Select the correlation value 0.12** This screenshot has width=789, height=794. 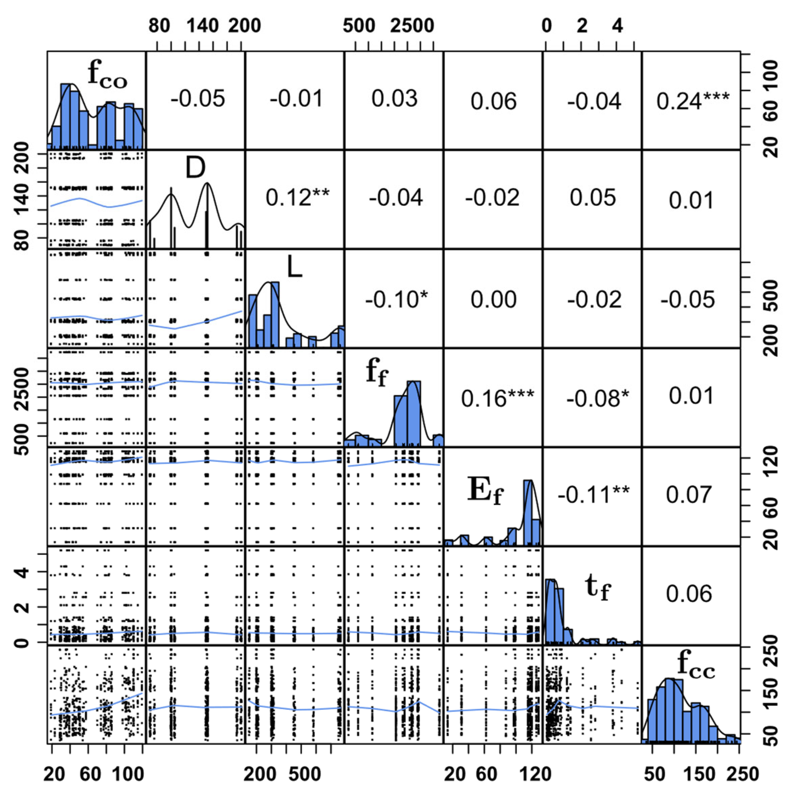[297, 198]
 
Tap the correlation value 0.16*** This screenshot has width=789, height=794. [497, 398]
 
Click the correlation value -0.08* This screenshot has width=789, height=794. [597, 398]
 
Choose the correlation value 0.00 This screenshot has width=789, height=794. [493, 299]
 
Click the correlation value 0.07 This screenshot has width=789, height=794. [689, 494]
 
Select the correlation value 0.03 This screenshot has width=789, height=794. [394, 99]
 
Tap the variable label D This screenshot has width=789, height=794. [195, 168]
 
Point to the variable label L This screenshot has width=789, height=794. [294, 268]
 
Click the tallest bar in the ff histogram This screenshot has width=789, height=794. [414, 413]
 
